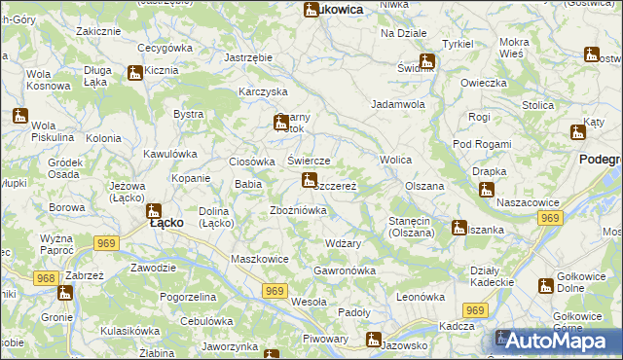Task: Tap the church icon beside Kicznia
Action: (135, 72)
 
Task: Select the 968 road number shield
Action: (45, 278)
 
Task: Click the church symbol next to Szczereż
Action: (309, 180)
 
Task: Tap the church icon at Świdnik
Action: (426, 61)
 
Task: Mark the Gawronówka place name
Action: (345, 270)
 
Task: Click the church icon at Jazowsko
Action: (373, 340)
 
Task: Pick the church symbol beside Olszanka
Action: (458, 228)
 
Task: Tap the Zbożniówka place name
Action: (297, 210)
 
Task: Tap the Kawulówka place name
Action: (170, 154)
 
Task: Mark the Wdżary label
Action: (344, 243)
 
